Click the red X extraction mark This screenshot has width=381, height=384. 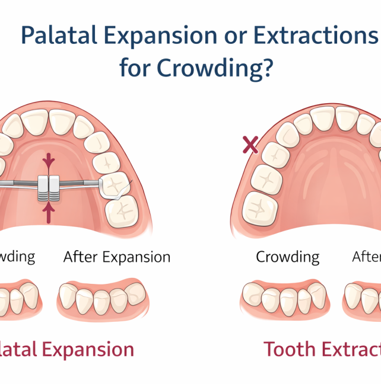(x=250, y=144)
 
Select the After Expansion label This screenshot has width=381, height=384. (x=117, y=257)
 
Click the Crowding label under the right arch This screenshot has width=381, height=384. (x=287, y=257)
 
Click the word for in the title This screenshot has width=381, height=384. (x=135, y=68)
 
